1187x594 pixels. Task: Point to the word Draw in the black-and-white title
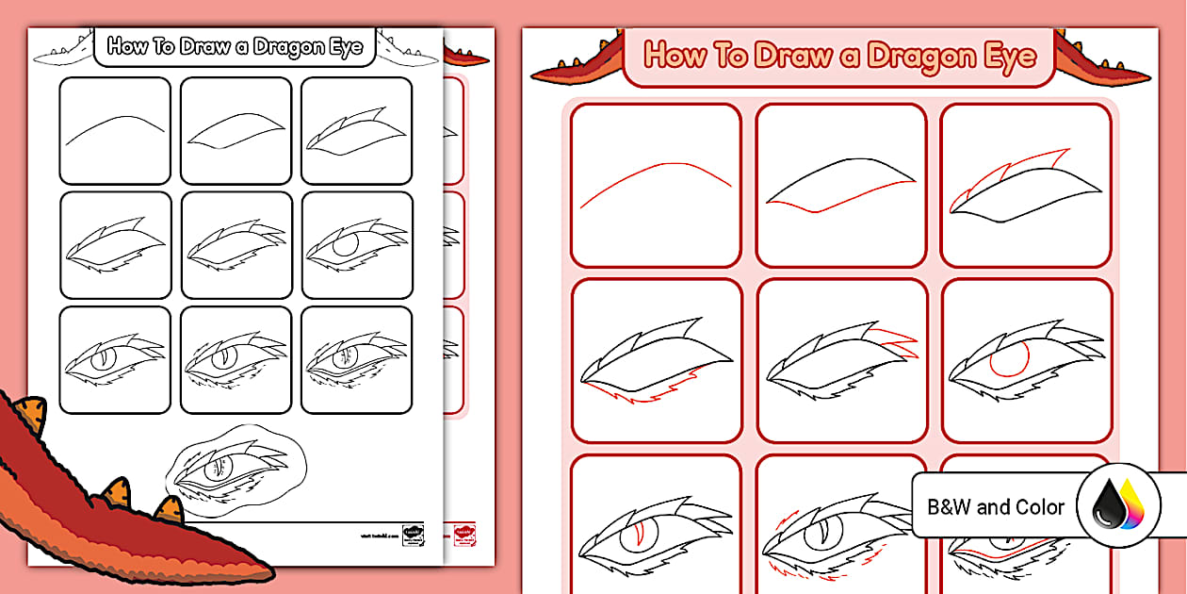pos(203,47)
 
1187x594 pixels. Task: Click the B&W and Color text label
pos(996,507)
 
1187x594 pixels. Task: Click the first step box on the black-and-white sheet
pos(115,130)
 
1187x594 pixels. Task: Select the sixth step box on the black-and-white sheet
pos(357,245)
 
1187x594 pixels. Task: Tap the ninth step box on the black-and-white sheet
pos(357,360)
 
